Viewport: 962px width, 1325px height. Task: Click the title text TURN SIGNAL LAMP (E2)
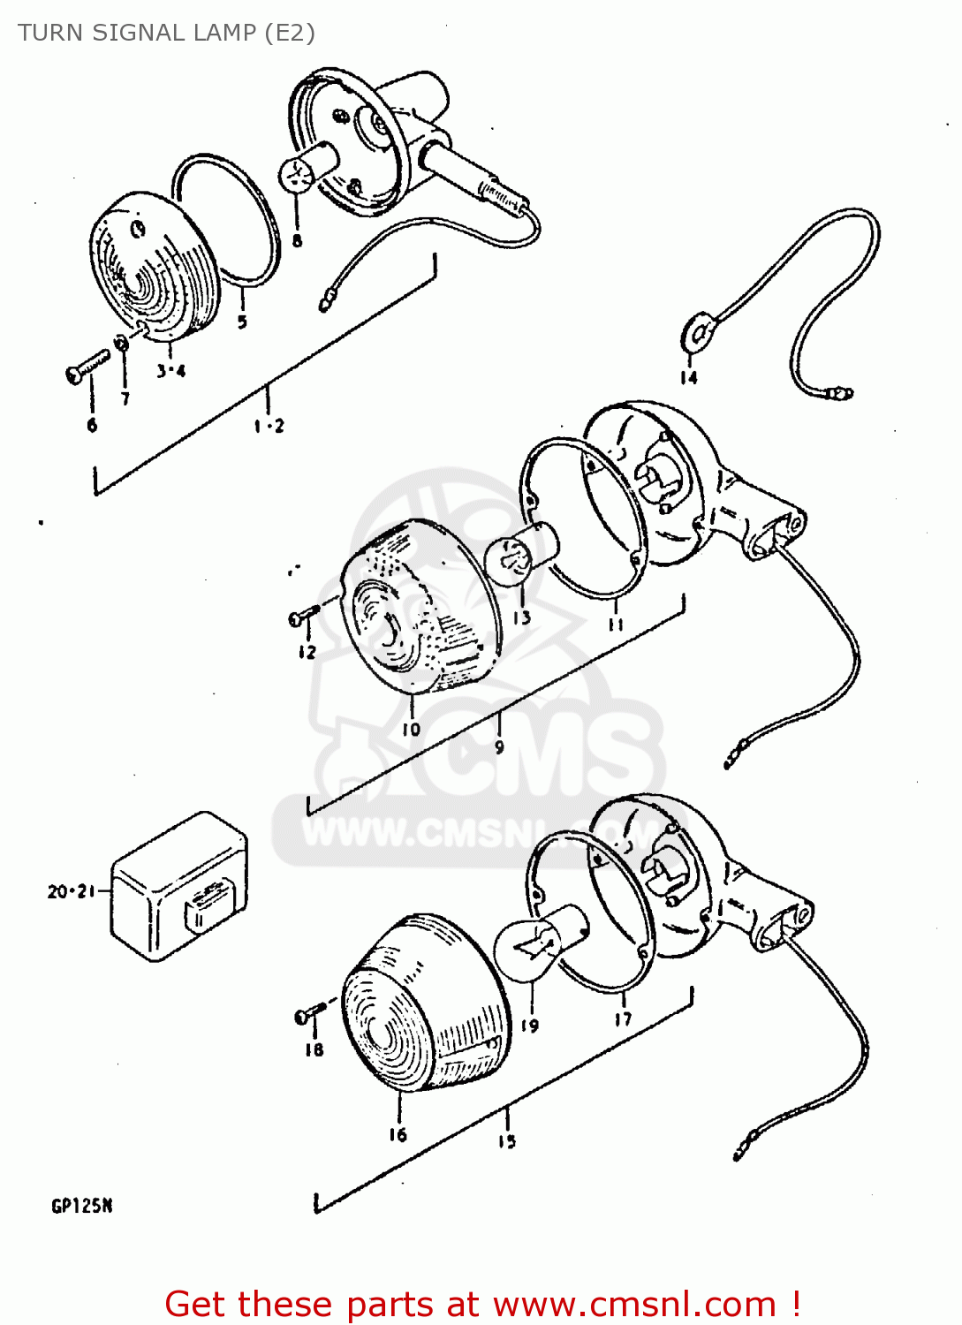click(x=166, y=33)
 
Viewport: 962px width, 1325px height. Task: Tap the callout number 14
click(x=688, y=378)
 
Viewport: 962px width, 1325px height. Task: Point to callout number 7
click(x=125, y=399)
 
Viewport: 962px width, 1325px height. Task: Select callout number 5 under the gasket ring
click(x=242, y=322)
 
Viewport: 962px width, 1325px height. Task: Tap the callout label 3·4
click(x=171, y=371)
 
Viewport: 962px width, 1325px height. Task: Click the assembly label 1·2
click(x=269, y=426)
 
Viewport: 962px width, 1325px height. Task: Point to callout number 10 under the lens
click(x=412, y=730)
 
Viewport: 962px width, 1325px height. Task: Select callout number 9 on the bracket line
click(x=500, y=747)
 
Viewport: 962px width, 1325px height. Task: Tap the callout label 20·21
click(x=71, y=891)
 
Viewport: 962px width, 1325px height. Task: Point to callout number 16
click(x=398, y=1134)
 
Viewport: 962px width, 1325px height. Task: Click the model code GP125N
click(x=81, y=1207)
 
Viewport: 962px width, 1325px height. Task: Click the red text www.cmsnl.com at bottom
click(x=634, y=1305)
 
